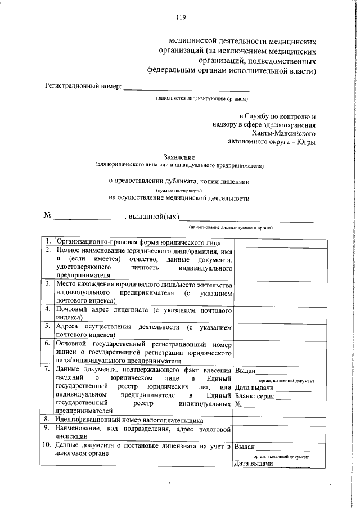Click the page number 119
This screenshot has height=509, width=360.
coord(181,17)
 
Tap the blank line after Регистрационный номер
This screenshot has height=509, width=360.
coord(186,87)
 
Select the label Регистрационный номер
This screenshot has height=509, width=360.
coord(83,87)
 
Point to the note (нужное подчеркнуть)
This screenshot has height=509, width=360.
coord(179,190)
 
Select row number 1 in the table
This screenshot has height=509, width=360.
coord(48,241)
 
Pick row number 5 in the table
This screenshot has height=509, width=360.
coord(48,327)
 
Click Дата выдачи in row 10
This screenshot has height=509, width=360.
coord(253,463)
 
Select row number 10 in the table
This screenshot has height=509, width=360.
coord(48,447)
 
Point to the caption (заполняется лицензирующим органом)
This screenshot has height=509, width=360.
coord(202,98)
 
